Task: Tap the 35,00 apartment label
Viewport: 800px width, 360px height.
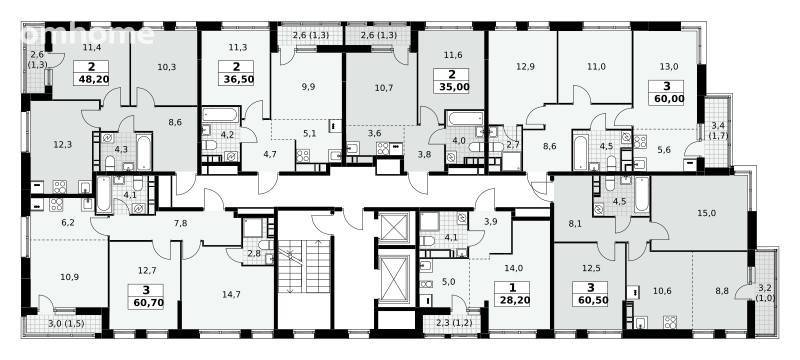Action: (452, 81)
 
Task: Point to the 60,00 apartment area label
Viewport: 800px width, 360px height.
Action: (666, 92)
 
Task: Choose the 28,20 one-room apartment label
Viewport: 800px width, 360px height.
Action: (512, 294)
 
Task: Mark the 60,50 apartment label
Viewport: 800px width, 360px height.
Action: (590, 294)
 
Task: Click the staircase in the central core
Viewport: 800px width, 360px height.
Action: (305, 266)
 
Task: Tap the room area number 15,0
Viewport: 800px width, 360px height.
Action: (707, 213)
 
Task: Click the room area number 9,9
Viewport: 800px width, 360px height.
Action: (308, 86)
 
